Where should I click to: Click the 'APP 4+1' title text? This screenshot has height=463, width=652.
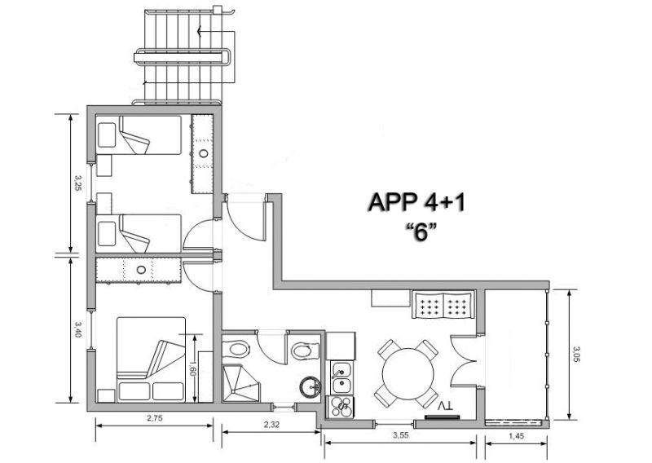pyautogui.click(x=417, y=203)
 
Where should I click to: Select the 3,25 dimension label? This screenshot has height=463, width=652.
pyautogui.click(x=77, y=183)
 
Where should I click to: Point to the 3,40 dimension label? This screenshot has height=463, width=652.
pyautogui.click(x=77, y=329)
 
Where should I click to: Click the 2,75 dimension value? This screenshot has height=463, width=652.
pyautogui.click(x=155, y=418)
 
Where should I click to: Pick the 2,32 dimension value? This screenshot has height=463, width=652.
pyautogui.click(x=271, y=425)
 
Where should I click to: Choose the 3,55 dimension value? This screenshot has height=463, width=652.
pyautogui.click(x=401, y=435)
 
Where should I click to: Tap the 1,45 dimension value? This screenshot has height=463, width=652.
pyautogui.click(x=516, y=436)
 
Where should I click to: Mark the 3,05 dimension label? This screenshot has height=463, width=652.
pyautogui.click(x=576, y=355)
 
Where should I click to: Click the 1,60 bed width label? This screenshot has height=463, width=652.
pyautogui.click(x=192, y=368)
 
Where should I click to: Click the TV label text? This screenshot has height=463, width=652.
pyautogui.click(x=446, y=406)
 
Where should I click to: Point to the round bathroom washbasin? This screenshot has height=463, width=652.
pyautogui.click(x=311, y=387)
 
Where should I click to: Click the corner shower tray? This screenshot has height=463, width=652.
pyautogui.click(x=241, y=383)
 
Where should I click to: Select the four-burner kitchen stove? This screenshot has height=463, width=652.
pyautogui.click(x=341, y=407)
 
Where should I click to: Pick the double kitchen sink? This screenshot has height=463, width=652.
pyautogui.click(x=341, y=377)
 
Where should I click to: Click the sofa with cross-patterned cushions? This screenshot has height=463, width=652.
pyautogui.click(x=443, y=305)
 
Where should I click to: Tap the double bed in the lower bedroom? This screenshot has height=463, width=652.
pyautogui.click(x=151, y=359)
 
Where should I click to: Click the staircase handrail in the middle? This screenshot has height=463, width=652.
pyautogui.click(x=182, y=56)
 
